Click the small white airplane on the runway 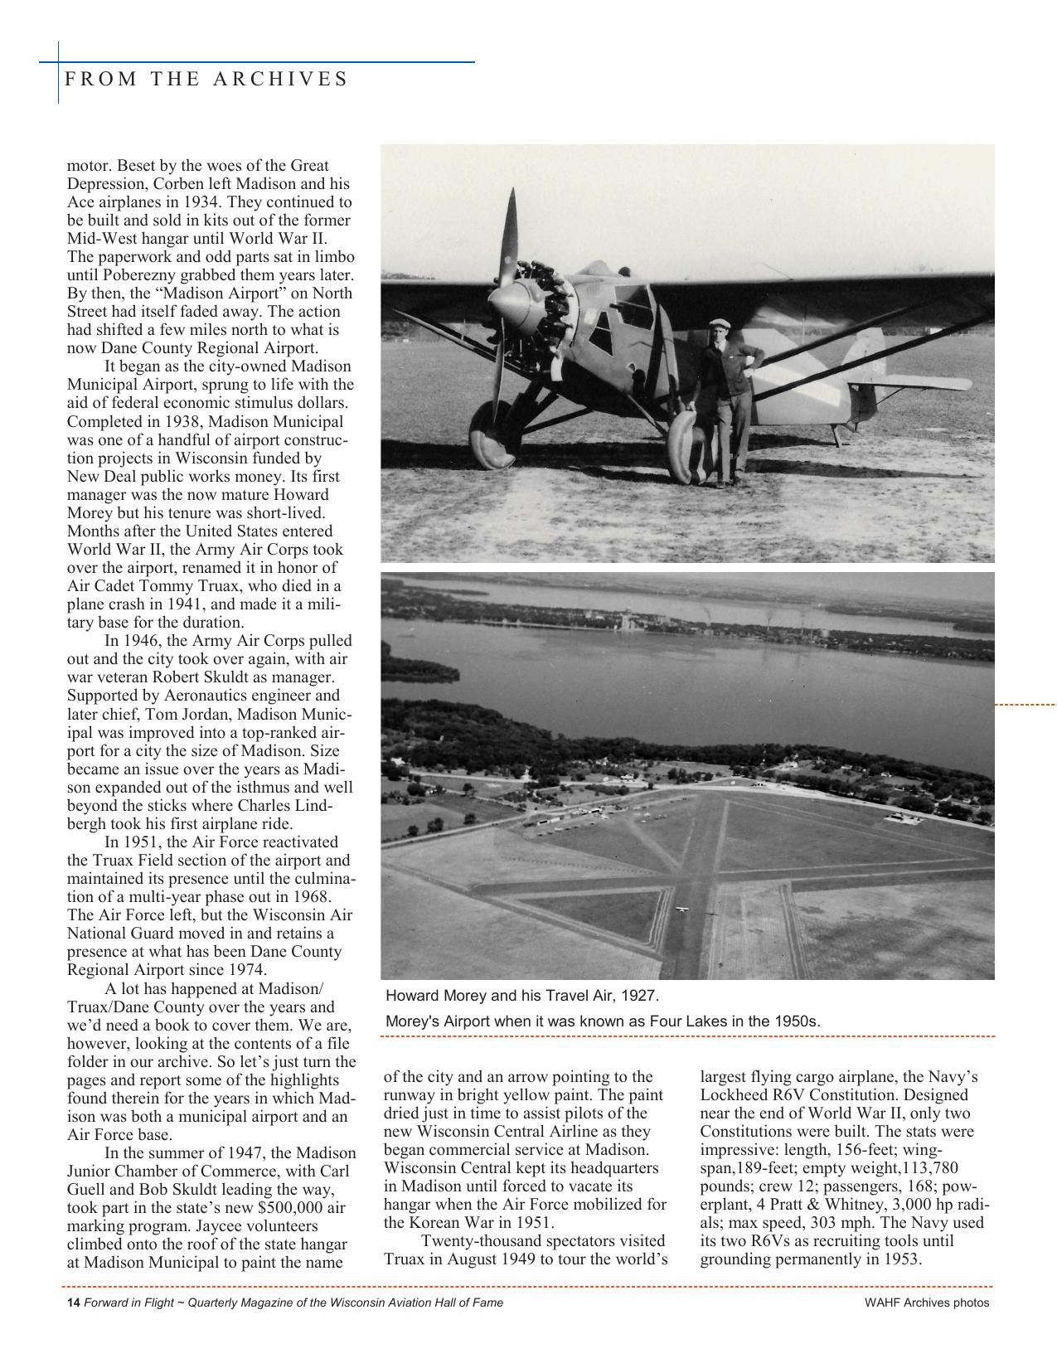pyautogui.click(x=681, y=910)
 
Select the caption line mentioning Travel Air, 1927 pyautogui.click(x=522, y=995)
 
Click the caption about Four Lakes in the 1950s pyautogui.click(x=603, y=1021)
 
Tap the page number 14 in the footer pyautogui.click(x=73, y=1303)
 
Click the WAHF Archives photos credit pyautogui.click(x=926, y=1303)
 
